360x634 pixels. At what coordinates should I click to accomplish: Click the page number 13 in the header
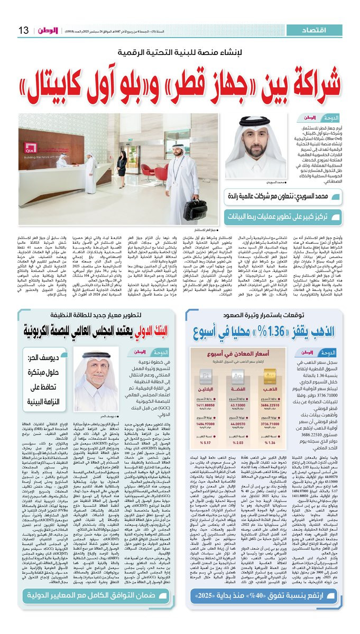pyautogui.click(x=24, y=31)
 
